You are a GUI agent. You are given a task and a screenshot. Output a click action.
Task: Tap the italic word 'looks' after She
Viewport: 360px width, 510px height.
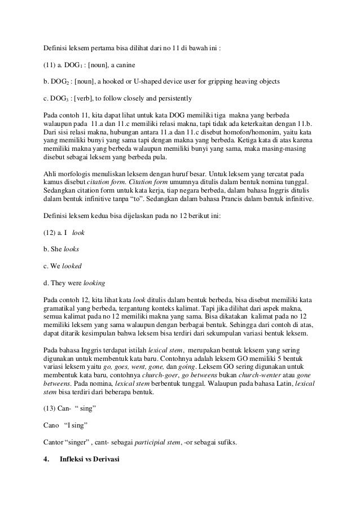click(71, 249)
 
